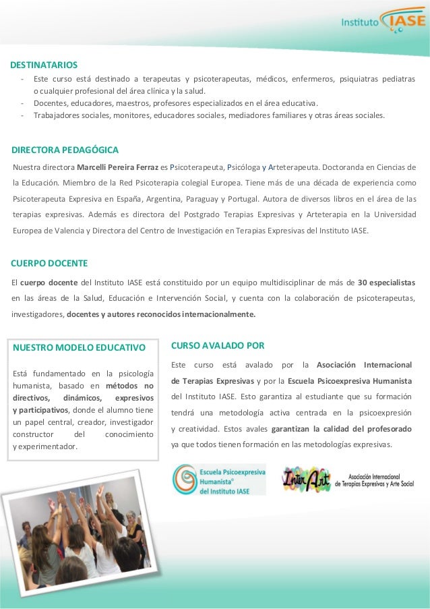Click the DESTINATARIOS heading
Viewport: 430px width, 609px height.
44,65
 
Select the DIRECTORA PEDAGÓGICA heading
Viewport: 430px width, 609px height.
65,149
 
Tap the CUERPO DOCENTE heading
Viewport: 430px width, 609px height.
50,262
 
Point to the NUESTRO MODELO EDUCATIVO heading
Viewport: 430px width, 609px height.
80,348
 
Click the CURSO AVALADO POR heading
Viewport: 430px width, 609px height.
218,345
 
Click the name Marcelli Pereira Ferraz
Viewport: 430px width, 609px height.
118,167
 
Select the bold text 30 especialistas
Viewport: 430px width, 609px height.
386,281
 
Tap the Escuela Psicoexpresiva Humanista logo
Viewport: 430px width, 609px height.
219,480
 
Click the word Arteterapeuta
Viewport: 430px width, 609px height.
293,167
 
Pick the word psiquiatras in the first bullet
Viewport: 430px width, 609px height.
360,79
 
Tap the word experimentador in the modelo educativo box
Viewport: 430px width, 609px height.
48,446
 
